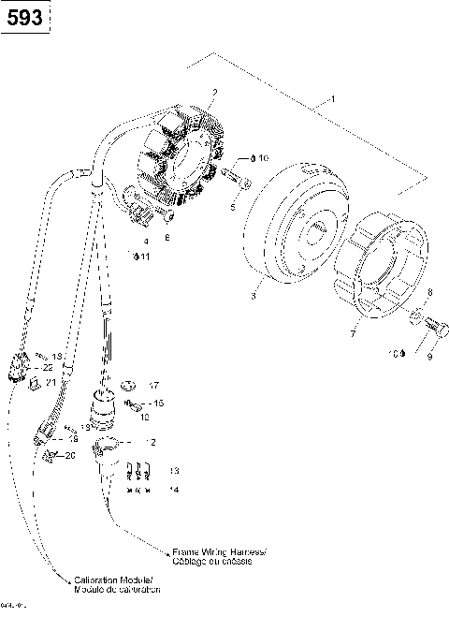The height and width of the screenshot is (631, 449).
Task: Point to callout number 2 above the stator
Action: (214, 93)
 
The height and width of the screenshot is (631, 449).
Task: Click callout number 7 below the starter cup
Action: (353, 332)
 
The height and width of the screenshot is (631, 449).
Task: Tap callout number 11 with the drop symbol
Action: (141, 256)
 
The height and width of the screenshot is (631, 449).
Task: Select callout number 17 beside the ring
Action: (154, 385)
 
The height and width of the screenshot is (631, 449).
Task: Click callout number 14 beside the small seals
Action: (173, 489)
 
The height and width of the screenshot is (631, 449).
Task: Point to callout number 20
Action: (68, 455)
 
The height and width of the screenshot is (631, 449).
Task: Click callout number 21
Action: (52, 382)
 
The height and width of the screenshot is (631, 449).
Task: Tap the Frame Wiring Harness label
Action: (219, 556)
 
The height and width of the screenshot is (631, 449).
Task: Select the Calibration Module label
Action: (116, 586)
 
